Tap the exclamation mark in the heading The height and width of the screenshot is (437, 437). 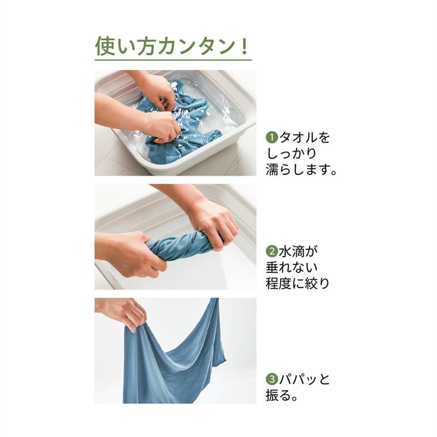pyautogui.click(x=244, y=45)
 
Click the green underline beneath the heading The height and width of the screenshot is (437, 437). pyautogui.click(x=173, y=59)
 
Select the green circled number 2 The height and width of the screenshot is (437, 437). pyautogui.click(x=271, y=252)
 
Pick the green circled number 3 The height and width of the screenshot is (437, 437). pyautogui.click(x=271, y=379)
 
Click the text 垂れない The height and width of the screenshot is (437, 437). pyautogui.click(x=292, y=268)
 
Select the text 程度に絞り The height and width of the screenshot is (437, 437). pyautogui.click(x=298, y=284)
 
